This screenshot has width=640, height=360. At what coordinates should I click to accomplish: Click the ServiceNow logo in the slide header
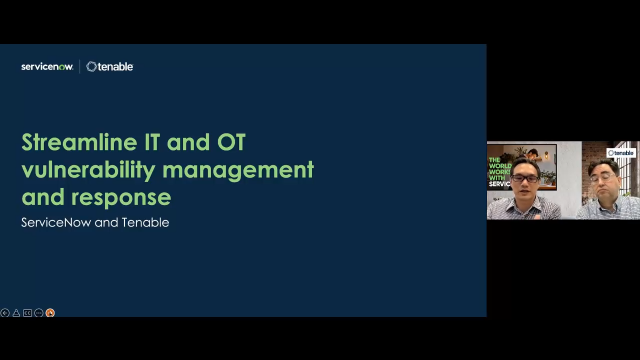47,67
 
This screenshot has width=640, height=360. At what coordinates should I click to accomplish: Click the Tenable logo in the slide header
110,67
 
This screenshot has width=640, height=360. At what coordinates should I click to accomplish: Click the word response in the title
121,196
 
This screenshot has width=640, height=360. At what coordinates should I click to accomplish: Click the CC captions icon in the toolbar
27,313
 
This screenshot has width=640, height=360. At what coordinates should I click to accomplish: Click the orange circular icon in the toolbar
50,313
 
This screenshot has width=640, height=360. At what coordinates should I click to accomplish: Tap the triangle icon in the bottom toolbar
16,313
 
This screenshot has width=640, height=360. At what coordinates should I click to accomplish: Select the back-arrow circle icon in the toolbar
5,313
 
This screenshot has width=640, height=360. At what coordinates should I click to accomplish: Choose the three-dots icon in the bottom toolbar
39,313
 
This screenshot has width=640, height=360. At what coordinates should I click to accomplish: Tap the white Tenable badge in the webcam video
621,153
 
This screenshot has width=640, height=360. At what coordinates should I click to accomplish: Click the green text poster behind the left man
499,171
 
